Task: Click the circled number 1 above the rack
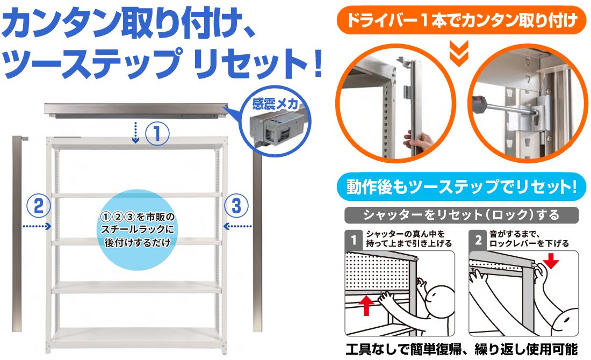point(157,132)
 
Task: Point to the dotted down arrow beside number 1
point(136,133)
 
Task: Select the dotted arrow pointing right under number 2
point(37,227)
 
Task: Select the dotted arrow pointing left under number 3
point(238,226)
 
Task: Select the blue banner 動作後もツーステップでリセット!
point(461,187)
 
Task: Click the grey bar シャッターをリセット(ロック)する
point(461,215)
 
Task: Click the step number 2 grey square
point(478,239)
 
